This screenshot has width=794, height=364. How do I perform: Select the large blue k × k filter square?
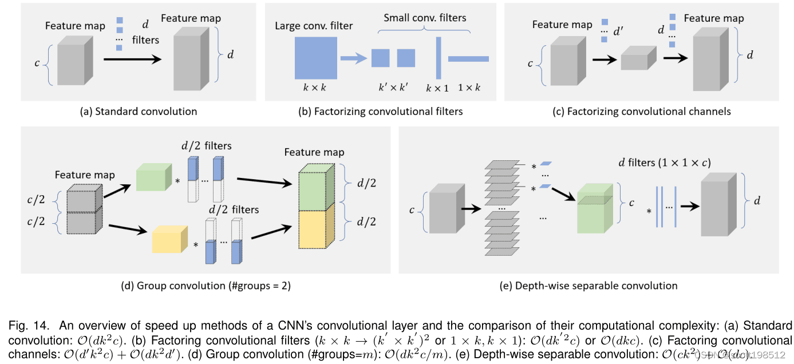coord(312,59)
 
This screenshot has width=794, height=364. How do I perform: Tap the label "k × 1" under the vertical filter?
coord(437,88)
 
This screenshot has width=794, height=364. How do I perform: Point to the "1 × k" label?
coord(468,88)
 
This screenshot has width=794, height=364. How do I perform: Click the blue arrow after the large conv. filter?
coord(353,58)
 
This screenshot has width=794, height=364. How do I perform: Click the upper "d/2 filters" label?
coord(204,146)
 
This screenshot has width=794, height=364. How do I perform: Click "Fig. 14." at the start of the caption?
coord(26,325)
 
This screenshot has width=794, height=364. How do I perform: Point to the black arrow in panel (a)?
coord(131,58)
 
